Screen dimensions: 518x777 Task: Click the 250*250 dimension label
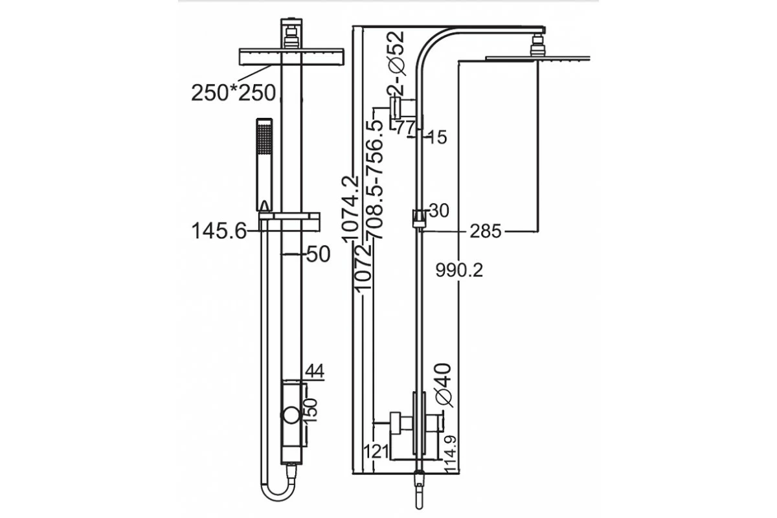pos(234,93)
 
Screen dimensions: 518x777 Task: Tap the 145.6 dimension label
pos(220,231)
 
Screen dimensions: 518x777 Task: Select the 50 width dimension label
pos(318,254)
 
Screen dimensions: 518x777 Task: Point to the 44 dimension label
pos(313,370)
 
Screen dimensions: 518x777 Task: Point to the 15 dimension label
pos(437,137)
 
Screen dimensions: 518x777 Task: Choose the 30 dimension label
pos(438,211)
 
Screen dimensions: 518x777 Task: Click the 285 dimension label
pos(486,231)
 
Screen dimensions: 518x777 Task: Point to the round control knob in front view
pos(290,416)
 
